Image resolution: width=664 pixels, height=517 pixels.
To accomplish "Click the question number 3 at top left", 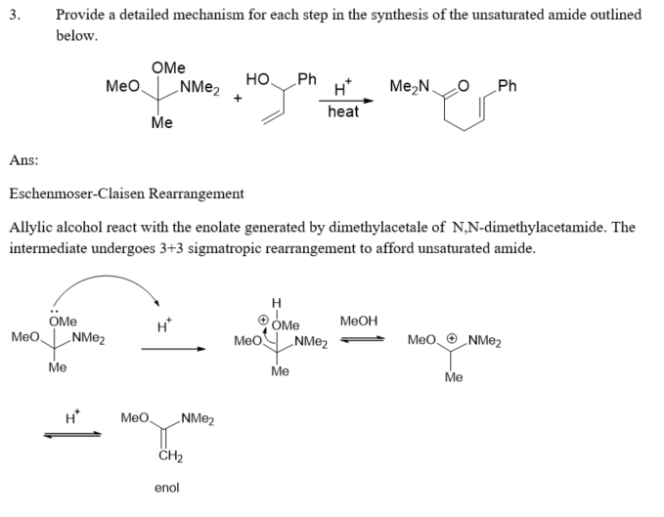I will [13, 16].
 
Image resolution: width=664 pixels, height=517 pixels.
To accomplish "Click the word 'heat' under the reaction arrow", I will [343, 111].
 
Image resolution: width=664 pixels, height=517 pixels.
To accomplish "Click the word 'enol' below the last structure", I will [166, 487].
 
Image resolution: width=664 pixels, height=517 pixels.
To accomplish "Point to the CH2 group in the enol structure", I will [168, 456].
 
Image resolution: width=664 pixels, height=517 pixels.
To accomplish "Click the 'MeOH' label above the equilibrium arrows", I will [358, 322].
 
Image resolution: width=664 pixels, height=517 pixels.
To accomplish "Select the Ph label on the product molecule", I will [507, 85].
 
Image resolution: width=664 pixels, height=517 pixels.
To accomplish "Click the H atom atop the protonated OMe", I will [276, 302].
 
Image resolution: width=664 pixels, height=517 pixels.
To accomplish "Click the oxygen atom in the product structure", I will [465, 86].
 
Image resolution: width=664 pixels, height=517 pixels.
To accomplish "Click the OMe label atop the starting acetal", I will [168, 68].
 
